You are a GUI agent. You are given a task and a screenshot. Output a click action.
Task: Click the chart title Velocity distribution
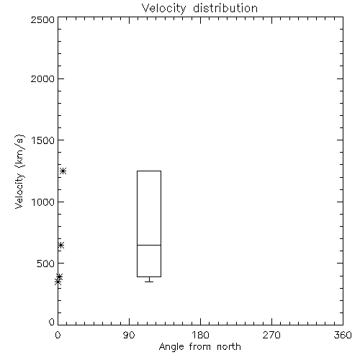tap(199, 9)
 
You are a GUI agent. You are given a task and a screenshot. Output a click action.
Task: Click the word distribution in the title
tap(225, 9)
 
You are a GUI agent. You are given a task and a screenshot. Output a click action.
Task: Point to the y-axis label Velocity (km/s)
tap(19, 171)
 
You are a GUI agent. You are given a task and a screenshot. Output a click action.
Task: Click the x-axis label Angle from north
tap(199, 347)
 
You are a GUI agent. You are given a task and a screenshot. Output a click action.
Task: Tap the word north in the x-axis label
tap(229, 347)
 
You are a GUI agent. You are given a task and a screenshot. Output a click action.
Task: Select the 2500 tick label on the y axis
tap(42, 19)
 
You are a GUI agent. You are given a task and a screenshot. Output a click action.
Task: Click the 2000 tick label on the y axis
tap(42, 78)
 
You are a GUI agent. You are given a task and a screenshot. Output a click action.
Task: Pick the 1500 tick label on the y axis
tap(43, 140)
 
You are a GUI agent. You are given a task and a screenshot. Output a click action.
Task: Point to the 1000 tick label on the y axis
tap(43, 202)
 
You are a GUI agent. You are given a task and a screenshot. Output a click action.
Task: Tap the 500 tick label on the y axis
tap(46, 264)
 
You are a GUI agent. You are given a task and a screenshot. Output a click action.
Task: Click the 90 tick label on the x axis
tap(129, 335)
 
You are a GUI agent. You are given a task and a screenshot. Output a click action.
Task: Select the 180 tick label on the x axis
tap(201, 335)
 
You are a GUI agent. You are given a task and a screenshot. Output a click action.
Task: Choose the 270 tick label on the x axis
tap(271, 335)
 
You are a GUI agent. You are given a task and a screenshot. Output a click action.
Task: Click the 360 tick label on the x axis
tap(343, 335)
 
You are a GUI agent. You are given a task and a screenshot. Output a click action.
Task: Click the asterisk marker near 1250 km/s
tap(63, 171)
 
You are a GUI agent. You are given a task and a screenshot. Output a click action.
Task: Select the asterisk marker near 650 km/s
tap(61, 245)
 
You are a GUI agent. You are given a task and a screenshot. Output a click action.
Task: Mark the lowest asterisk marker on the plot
tap(58, 282)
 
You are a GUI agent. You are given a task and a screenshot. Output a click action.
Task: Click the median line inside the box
tap(149, 245)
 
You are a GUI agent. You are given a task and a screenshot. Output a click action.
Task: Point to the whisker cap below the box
tap(149, 282)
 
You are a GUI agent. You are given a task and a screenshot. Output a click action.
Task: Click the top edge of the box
tap(149, 171)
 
